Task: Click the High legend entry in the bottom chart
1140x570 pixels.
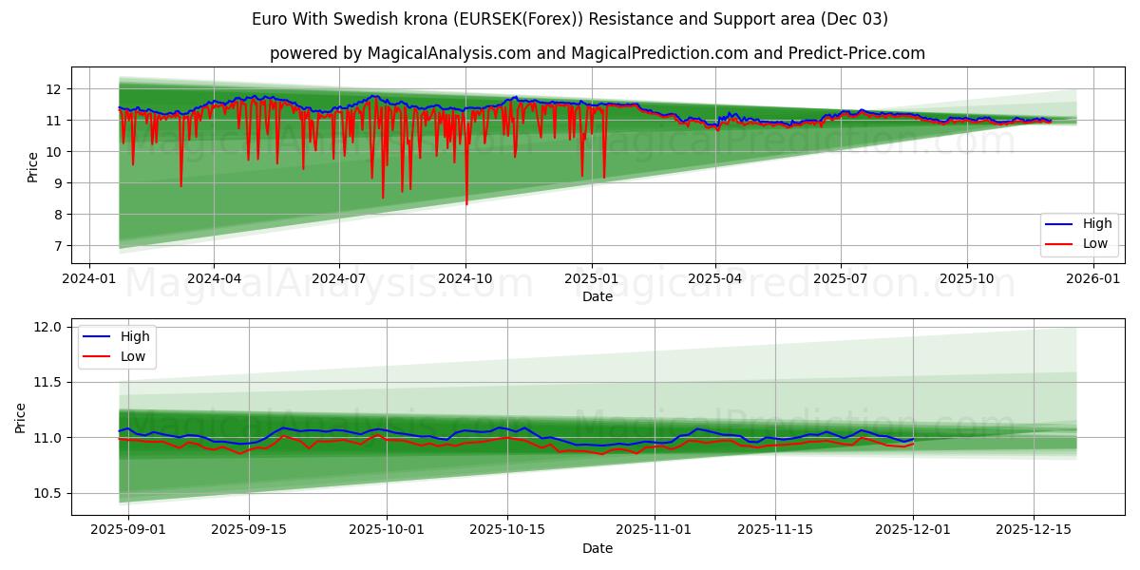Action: [134, 336]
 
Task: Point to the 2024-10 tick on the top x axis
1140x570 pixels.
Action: [465, 278]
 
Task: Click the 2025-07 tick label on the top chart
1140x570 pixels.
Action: [841, 278]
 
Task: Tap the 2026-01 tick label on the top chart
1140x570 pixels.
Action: [1093, 278]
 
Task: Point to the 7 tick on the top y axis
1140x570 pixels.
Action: [57, 246]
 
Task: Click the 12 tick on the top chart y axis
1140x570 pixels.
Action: [53, 89]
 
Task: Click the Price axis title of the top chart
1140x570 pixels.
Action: [33, 167]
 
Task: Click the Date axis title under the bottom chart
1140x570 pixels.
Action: [598, 548]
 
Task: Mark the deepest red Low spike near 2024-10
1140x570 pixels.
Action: [466, 202]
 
